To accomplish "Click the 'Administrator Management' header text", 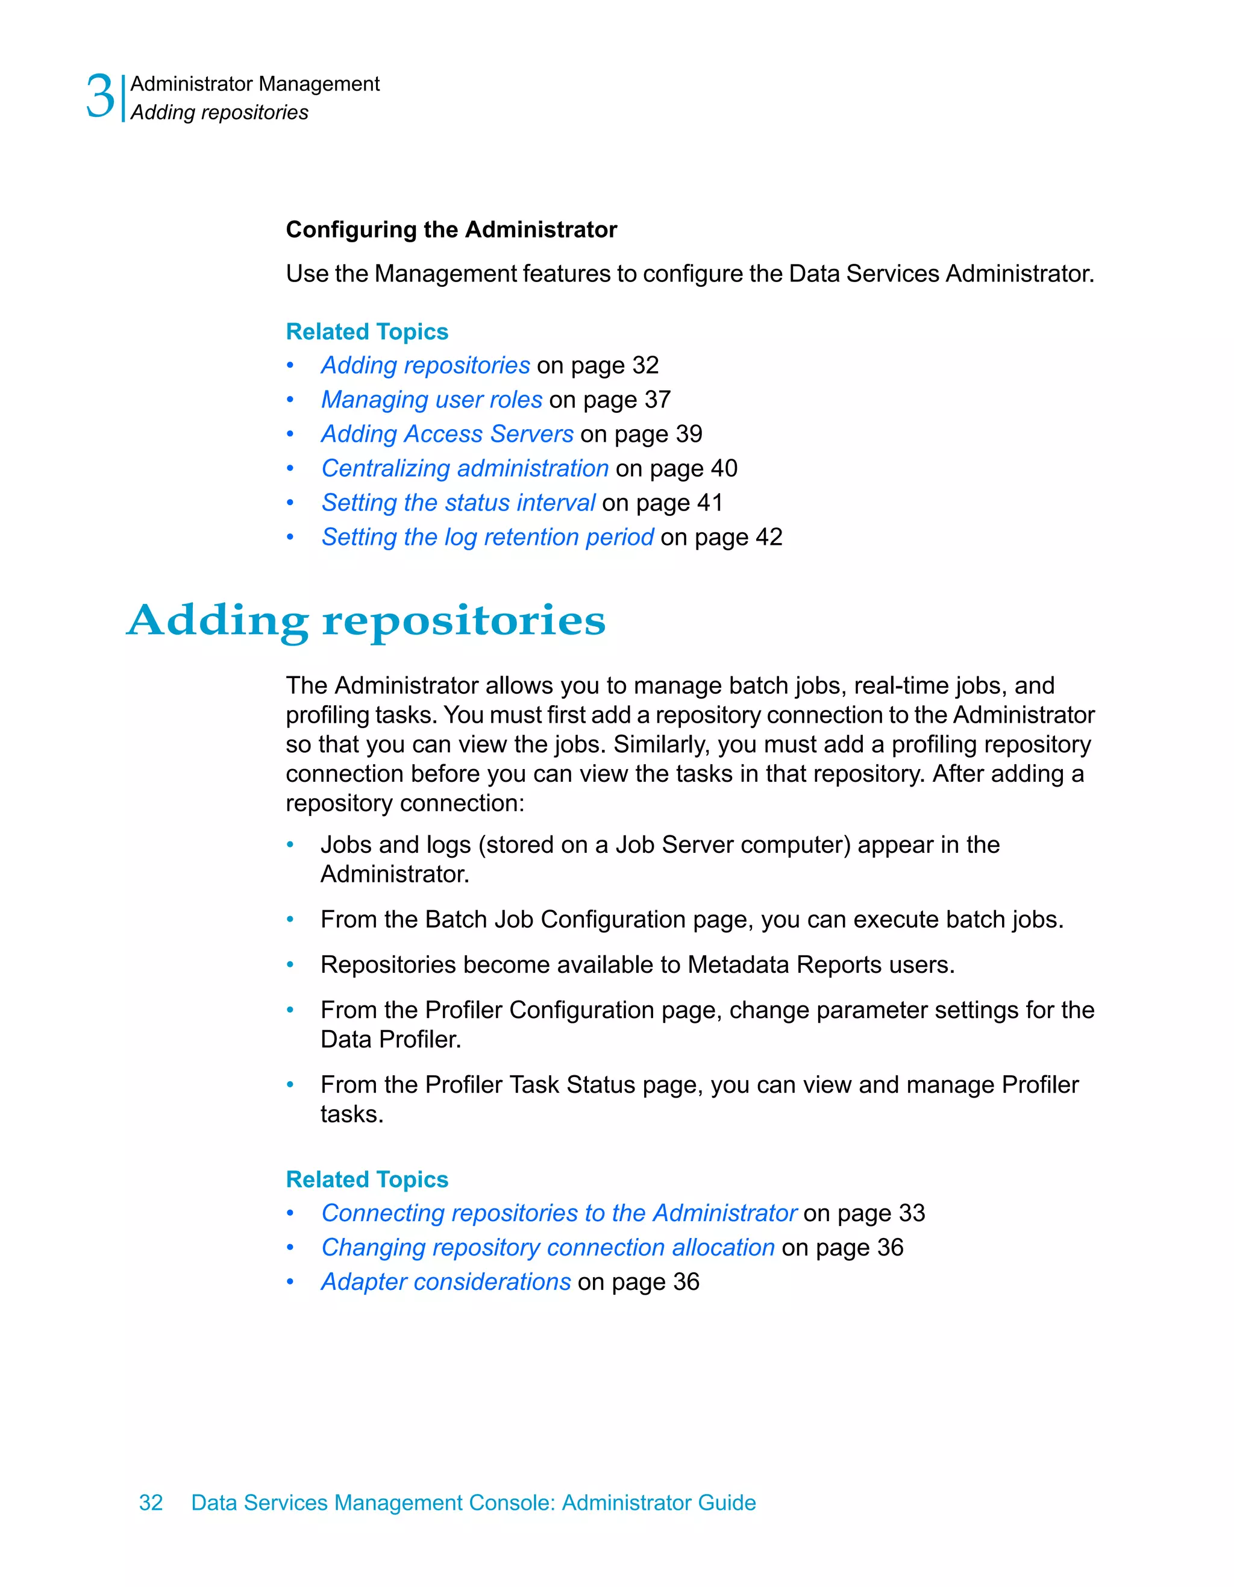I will (x=254, y=84).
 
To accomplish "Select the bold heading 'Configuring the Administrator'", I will (x=451, y=230).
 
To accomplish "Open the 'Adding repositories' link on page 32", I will (x=425, y=365).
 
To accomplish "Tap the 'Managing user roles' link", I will (x=431, y=400).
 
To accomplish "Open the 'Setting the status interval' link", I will (x=459, y=503).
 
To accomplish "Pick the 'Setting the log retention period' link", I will (x=487, y=537).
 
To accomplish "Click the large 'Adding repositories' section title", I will (x=366, y=621).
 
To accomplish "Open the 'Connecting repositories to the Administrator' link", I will (x=559, y=1213).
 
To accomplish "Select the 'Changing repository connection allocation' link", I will (x=548, y=1248).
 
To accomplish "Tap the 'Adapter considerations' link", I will (x=446, y=1282).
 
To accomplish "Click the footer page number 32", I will (x=151, y=1503).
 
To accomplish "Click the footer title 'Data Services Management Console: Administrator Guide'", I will (x=473, y=1503).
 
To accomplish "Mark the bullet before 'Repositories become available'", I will (x=290, y=965).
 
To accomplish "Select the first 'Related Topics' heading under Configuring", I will (x=367, y=332).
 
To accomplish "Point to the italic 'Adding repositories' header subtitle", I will (x=219, y=113).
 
